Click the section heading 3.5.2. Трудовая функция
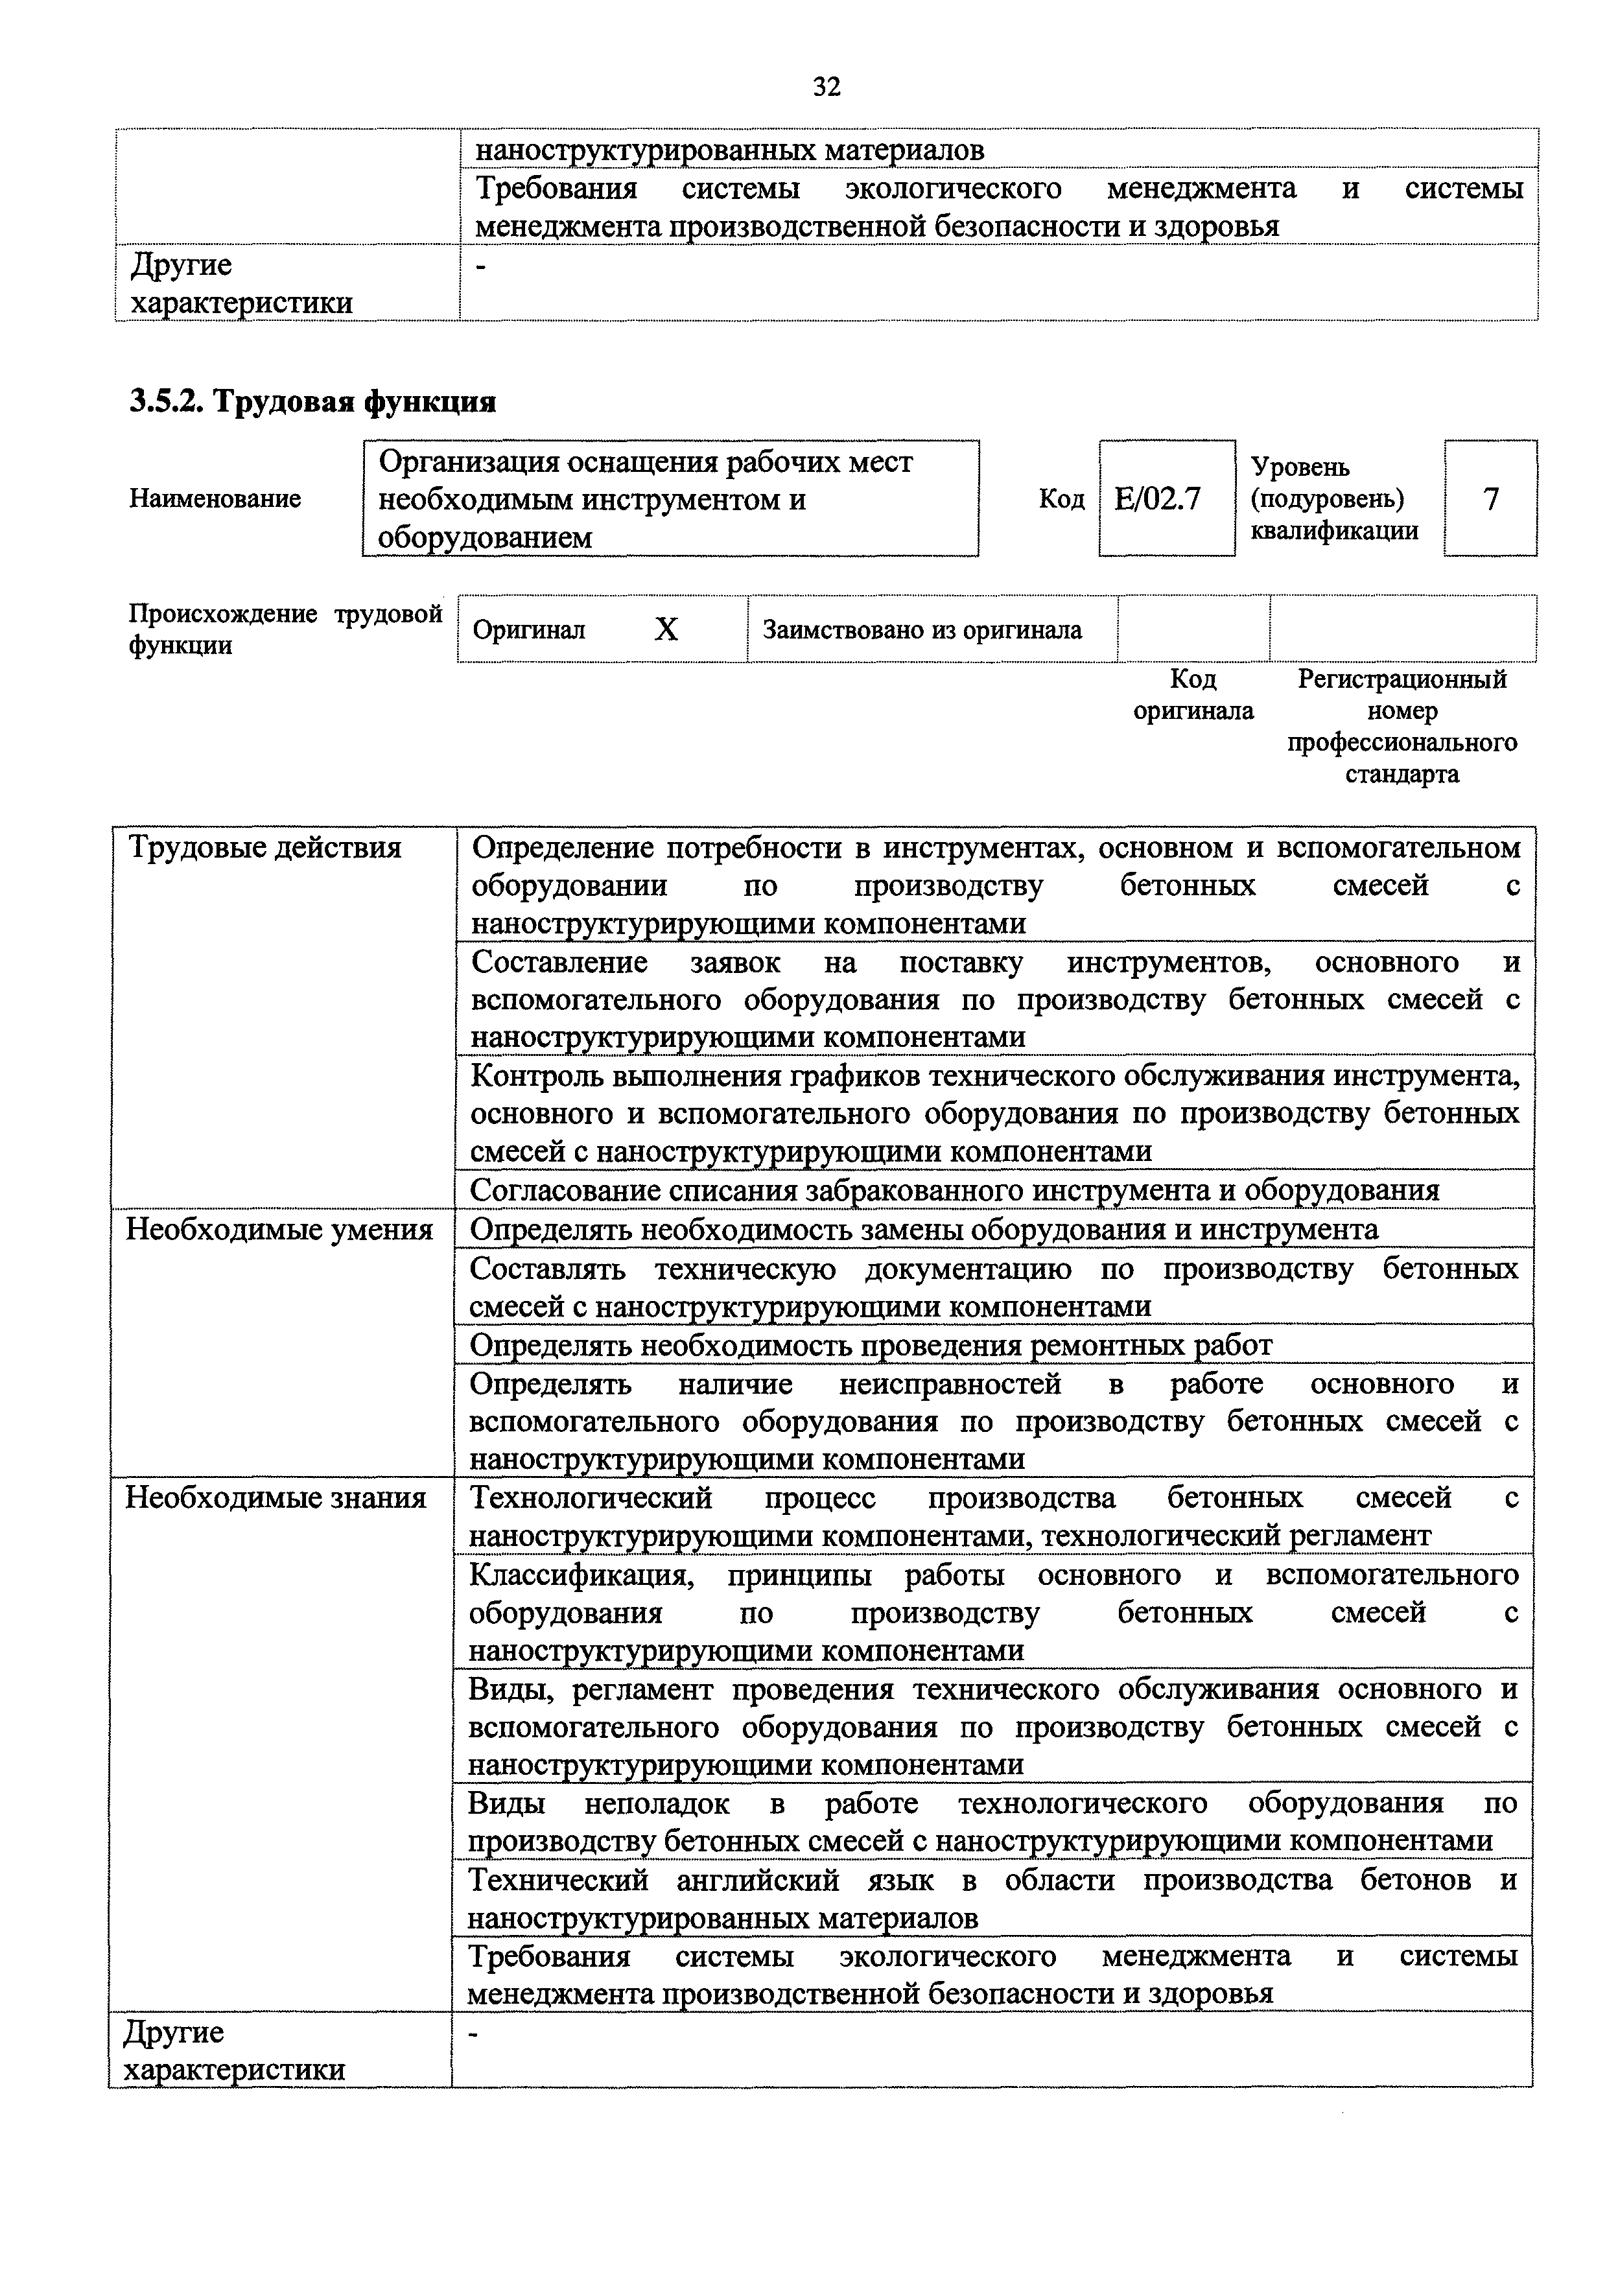(x=312, y=401)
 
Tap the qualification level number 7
(x=1490, y=498)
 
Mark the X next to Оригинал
(x=666, y=629)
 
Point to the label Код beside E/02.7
(x=1061, y=499)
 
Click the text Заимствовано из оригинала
(x=922, y=630)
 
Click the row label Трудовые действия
(x=265, y=848)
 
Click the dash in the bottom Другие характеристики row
(x=473, y=2034)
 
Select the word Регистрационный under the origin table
(x=1401, y=679)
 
